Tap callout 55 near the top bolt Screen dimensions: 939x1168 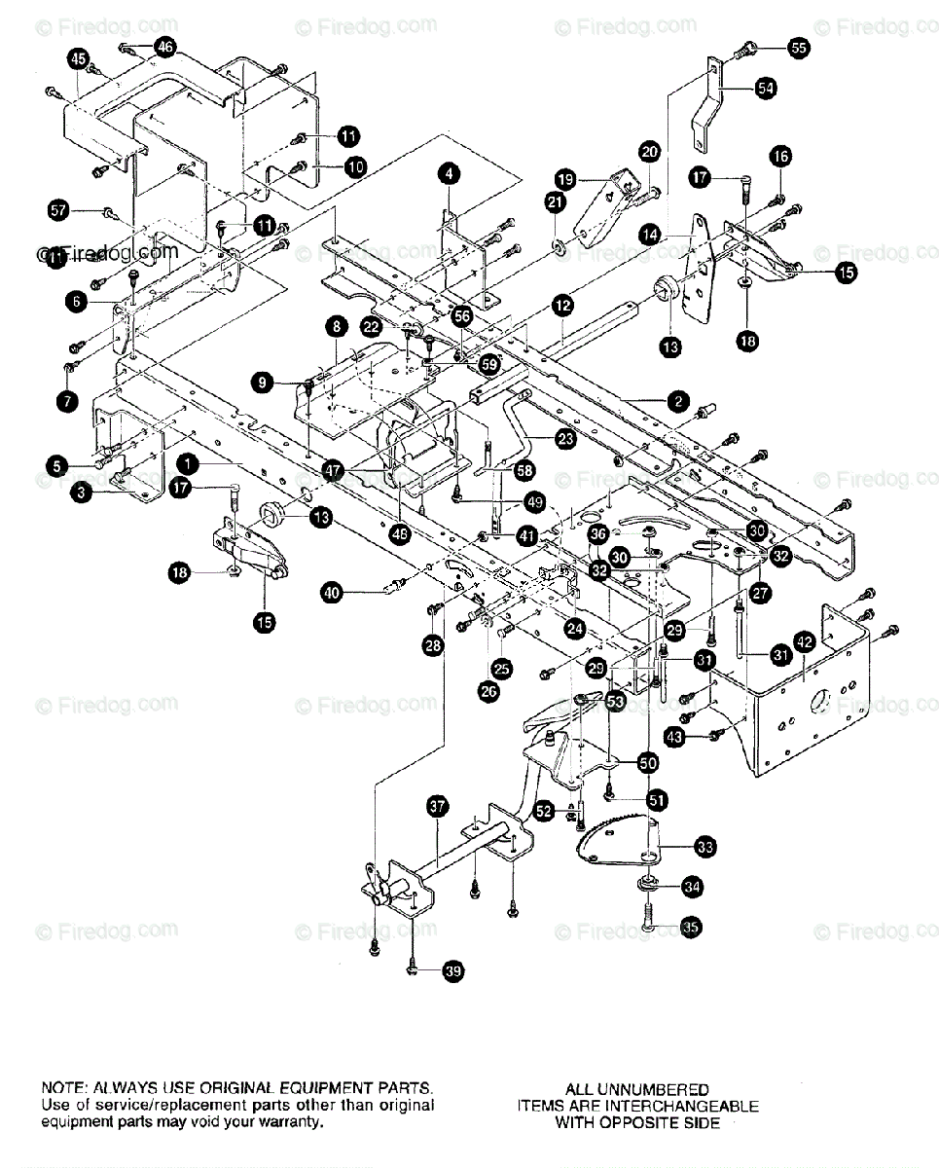click(798, 47)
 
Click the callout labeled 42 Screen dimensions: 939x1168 click(804, 641)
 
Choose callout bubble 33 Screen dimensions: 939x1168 click(704, 848)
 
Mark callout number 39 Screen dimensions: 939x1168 click(451, 969)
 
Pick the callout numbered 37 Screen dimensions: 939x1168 click(438, 805)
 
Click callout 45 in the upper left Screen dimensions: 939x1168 click(79, 60)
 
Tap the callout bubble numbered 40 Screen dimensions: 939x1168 click(333, 591)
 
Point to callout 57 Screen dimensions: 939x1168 click(60, 209)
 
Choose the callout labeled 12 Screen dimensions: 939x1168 click(562, 306)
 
